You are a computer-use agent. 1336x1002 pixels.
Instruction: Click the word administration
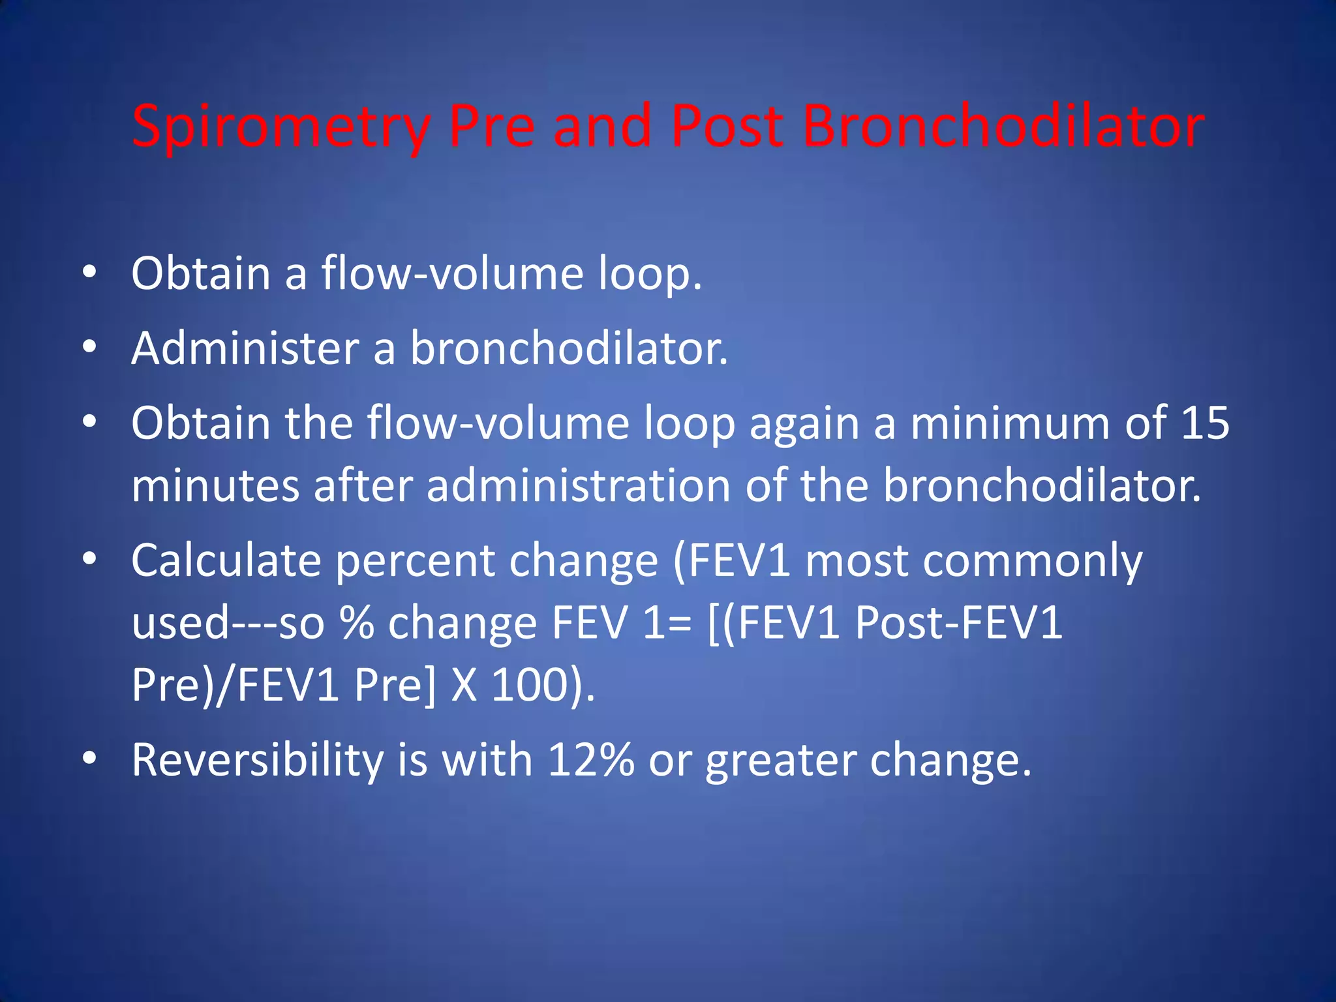pos(578,486)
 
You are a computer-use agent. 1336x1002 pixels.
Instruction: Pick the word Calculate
pos(226,561)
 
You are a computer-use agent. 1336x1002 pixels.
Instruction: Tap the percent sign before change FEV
pos(357,623)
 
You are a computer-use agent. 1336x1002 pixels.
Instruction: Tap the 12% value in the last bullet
pos(591,760)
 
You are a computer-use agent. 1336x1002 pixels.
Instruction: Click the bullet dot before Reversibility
pos(89,758)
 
